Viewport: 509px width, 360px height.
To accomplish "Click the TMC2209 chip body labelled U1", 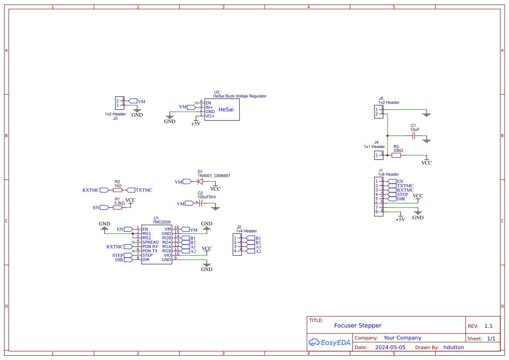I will coord(156,244).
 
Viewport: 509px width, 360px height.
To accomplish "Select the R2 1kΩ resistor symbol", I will coord(117,190).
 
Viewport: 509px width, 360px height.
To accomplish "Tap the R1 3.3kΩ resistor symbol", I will coord(117,208).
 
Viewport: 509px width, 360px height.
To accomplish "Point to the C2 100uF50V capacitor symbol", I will coord(201,203).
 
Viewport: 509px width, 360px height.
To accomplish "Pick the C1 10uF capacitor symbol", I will coord(414,136).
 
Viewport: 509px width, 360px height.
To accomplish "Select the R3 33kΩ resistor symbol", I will coord(396,155).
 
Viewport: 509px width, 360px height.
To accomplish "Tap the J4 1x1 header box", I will coord(378,155).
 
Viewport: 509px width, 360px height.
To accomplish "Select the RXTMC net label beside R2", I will coord(91,190).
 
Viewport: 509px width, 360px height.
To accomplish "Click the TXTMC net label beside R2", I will coord(144,190).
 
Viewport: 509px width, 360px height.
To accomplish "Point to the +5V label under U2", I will coord(196,124).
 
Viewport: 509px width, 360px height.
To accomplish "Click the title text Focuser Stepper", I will coord(357,326).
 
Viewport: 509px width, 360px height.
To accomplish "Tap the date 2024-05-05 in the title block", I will coord(390,347).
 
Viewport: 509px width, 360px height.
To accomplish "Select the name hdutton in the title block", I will coord(454,347).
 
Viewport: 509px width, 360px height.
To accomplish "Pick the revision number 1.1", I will coord(489,326).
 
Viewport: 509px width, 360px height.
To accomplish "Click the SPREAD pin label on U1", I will coord(150,242).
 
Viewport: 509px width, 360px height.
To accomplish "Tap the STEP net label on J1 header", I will coord(402,195).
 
